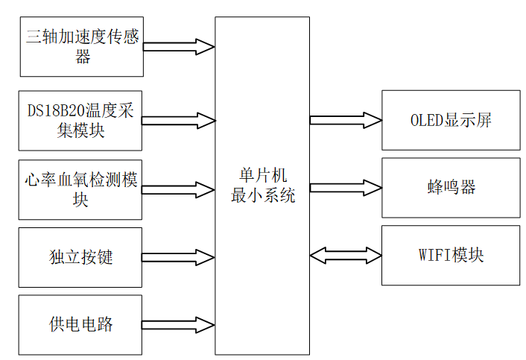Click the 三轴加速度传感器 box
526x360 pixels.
tap(81, 46)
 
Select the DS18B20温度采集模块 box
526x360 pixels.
tap(81, 120)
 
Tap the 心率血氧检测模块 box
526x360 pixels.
tap(81, 189)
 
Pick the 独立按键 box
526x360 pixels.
tap(81, 257)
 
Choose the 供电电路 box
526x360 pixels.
tap(81, 325)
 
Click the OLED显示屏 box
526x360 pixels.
tap(451, 120)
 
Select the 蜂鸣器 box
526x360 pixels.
tap(451, 187)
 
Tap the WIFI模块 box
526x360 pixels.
tap(451, 255)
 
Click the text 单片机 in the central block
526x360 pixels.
tap(262, 175)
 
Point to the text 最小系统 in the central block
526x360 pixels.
tap(262, 196)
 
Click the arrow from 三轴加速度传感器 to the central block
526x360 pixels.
tap(179, 46)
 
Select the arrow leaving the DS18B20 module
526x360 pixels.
tap(179, 120)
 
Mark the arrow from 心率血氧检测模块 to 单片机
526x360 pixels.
tap(179, 189)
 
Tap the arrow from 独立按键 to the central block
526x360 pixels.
tap(179, 257)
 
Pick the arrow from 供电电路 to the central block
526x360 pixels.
tap(179, 325)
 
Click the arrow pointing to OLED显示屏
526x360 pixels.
tap(346, 120)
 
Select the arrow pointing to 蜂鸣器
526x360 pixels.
tap(346, 187)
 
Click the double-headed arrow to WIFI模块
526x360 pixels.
tap(346, 255)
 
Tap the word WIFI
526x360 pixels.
tap(434, 255)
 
